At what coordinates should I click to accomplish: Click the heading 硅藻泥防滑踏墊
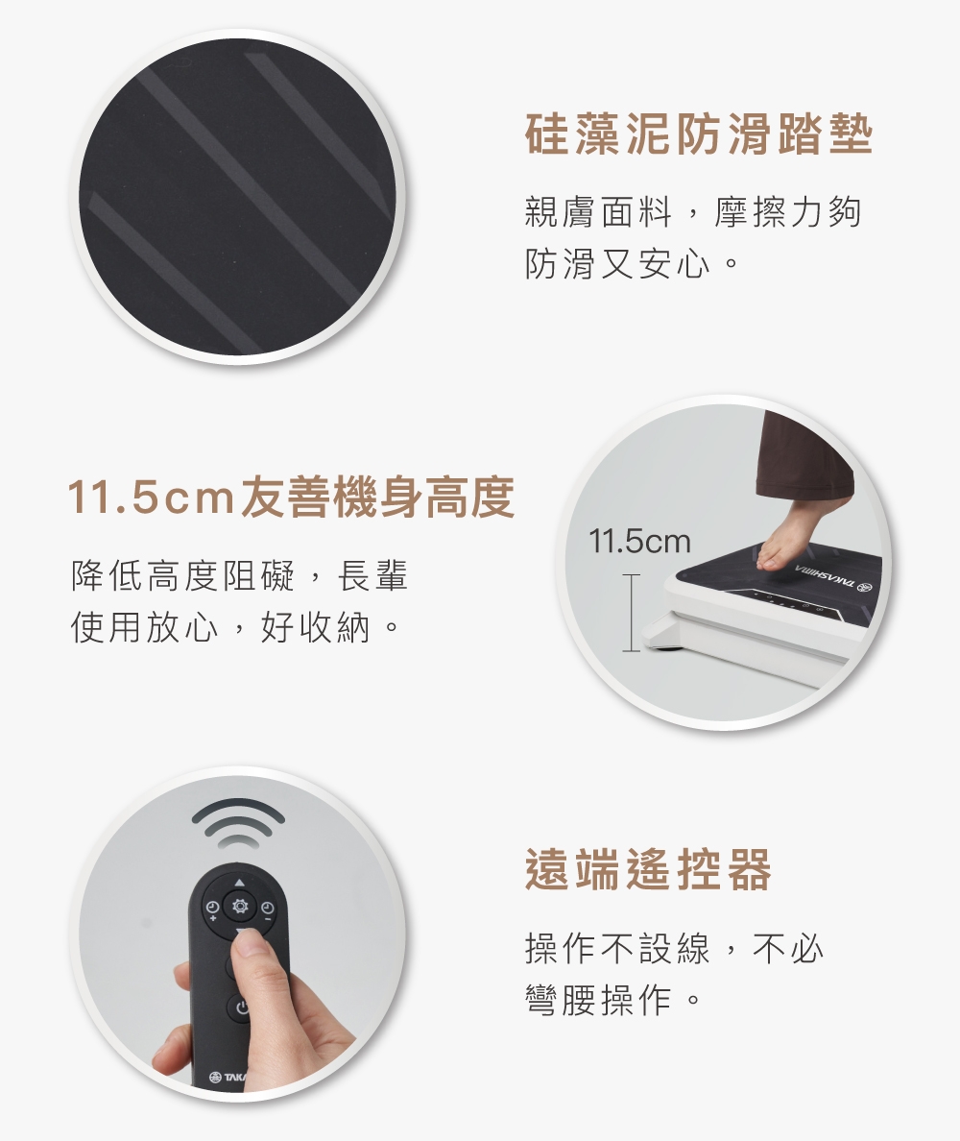(x=698, y=134)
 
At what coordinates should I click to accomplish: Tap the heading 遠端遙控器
(x=647, y=869)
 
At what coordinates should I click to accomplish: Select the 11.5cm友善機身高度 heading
(x=292, y=497)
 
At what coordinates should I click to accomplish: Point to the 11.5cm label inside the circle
(x=639, y=542)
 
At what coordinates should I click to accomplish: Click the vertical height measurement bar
(x=632, y=613)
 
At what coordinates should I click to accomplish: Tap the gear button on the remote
(x=239, y=907)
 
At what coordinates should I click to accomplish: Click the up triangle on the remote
(x=239, y=883)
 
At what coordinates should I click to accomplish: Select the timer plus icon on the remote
(x=213, y=910)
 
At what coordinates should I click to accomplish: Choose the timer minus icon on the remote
(x=267, y=910)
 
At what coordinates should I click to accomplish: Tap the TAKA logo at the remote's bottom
(x=228, y=1077)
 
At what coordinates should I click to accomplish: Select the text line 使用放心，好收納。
(x=235, y=627)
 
